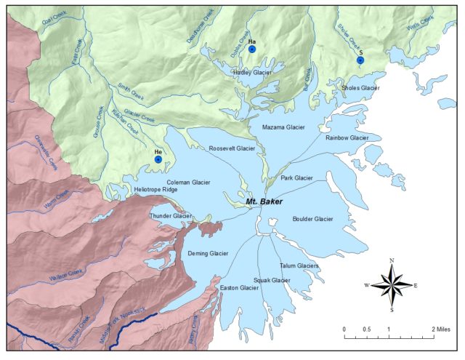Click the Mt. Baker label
pyautogui.click(x=264, y=201)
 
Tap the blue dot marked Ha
pyautogui.click(x=251, y=50)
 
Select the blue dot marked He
pyautogui.click(x=158, y=159)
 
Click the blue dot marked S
pyautogui.click(x=360, y=60)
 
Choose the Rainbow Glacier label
pyautogui.click(x=347, y=137)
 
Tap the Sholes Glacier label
pyautogui.click(x=360, y=88)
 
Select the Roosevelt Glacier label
pyautogui.click(x=232, y=148)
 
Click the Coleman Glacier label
pyautogui.click(x=188, y=183)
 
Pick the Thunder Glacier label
pyautogui.click(x=170, y=216)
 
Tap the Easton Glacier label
pyautogui.click(x=239, y=287)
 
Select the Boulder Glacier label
pyautogui.click(x=312, y=219)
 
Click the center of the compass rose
pyautogui.click(x=392, y=284)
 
